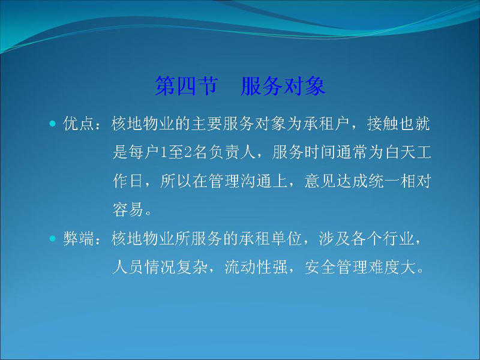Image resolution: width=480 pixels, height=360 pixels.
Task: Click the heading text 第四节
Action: click(x=187, y=86)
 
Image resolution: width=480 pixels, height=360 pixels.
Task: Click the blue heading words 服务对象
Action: click(x=283, y=86)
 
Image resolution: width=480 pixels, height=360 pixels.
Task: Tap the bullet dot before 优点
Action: click(x=53, y=124)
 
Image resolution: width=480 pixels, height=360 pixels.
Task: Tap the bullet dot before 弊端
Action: click(x=53, y=238)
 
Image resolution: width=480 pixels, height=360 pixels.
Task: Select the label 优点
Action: click(x=79, y=124)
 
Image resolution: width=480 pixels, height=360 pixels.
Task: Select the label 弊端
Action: click(x=79, y=239)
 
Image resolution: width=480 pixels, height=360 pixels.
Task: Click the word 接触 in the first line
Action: click(x=383, y=124)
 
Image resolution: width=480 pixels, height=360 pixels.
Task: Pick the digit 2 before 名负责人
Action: click(x=188, y=152)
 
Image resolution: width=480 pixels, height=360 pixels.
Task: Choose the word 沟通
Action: click(x=256, y=181)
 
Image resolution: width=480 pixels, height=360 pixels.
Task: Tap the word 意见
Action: click(x=320, y=181)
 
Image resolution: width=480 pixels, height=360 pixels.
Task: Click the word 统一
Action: click(x=383, y=181)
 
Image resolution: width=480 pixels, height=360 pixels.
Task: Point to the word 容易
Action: click(x=128, y=209)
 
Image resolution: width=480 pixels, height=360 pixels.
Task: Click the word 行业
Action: click(x=399, y=239)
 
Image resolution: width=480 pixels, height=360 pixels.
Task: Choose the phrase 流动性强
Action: click(x=256, y=267)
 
